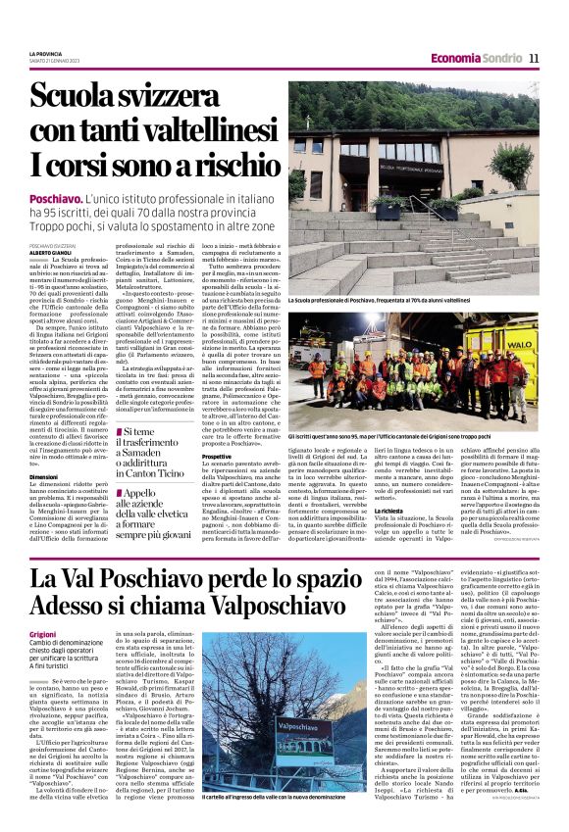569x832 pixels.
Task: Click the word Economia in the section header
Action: (x=458, y=59)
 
